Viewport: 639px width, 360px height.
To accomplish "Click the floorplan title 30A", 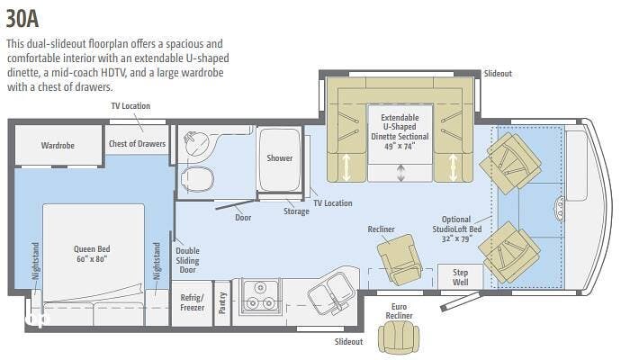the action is [22, 19].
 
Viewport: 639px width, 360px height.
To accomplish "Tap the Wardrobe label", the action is [58, 146].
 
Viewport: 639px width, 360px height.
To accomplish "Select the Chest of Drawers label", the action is [137, 144].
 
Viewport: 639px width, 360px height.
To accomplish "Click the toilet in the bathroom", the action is [197, 179].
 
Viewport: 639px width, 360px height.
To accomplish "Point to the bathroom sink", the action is [196, 143].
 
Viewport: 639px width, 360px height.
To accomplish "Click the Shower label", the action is [280, 158].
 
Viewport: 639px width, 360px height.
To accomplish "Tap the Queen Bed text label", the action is [92, 254].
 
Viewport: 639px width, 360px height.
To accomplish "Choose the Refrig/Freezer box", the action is [192, 303].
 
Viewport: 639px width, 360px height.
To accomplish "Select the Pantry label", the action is [222, 303].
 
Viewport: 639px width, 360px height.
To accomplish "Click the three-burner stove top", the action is [260, 296].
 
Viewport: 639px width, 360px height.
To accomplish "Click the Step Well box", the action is [460, 277].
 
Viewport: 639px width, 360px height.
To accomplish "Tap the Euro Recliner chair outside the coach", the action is [399, 337].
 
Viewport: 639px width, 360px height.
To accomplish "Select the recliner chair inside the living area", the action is [399, 259].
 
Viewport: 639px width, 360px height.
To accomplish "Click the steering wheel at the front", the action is [559, 209].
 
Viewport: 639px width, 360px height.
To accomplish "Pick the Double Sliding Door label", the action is [187, 260].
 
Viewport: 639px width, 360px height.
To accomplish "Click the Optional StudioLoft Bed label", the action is [456, 229].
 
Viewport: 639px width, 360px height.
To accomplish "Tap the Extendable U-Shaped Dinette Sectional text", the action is [400, 131].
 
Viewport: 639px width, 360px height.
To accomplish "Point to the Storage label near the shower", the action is [296, 211].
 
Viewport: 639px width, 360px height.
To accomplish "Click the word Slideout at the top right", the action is [498, 74].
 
